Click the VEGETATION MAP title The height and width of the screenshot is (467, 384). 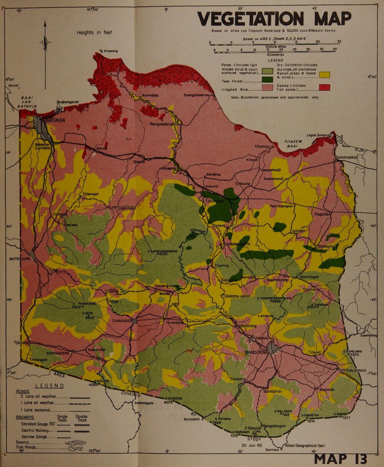274,18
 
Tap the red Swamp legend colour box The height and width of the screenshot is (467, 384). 324,88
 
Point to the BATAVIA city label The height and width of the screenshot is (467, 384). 56,120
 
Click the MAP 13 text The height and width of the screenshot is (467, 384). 340,458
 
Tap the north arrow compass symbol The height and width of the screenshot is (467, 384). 45,42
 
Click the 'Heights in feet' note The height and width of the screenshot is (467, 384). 94,33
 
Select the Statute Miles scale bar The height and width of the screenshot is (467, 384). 274,44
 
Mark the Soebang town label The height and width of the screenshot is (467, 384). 324,246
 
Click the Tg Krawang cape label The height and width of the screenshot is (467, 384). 108,51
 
